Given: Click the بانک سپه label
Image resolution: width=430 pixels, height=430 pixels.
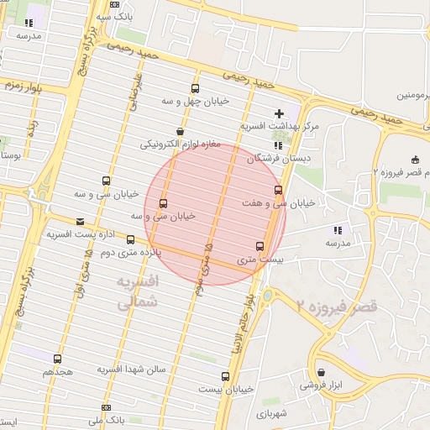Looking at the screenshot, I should click(x=113, y=16).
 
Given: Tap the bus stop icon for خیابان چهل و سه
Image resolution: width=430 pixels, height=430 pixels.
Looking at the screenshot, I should click(x=196, y=88).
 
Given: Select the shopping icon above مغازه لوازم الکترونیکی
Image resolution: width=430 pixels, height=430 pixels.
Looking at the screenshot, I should click(x=181, y=131).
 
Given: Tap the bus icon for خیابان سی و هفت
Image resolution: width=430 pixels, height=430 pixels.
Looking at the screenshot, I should click(x=279, y=191).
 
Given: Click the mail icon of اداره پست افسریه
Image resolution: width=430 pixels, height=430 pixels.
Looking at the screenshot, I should click(x=80, y=222).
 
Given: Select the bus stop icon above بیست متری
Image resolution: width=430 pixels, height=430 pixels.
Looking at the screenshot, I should click(x=259, y=246).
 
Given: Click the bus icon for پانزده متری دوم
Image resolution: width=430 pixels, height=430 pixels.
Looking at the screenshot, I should click(x=129, y=239).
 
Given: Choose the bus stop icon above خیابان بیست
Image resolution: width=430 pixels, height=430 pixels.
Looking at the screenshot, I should click(x=225, y=376).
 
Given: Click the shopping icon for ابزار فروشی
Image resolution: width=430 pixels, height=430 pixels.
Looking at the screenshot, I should click(x=322, y=372).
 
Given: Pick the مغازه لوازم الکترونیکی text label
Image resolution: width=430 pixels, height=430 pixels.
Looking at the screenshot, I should click(x=181, y=144).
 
